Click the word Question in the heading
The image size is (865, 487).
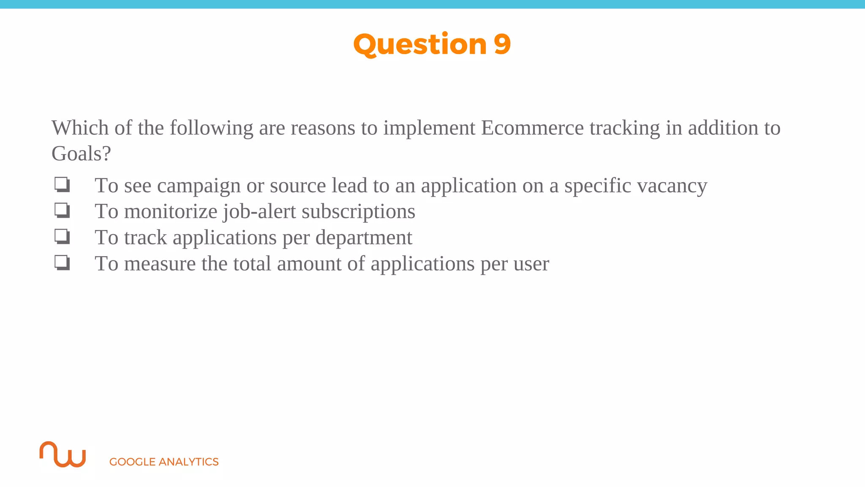[420, 44]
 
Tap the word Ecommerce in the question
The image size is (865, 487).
[532, 128]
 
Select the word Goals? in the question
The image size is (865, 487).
[81, 153]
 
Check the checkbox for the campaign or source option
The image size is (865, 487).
[62, 185]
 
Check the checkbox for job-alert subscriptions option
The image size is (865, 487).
[62, 211]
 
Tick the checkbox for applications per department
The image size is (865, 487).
[62, 237]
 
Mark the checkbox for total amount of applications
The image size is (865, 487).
[62, 263]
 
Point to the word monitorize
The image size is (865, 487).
[171, 211]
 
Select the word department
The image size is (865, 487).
[364, 238]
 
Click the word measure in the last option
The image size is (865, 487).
[160, 264]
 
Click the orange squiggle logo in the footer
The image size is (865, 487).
[63, 454]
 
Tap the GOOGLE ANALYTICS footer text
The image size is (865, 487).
[164, 462]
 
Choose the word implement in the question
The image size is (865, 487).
[429, 128]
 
